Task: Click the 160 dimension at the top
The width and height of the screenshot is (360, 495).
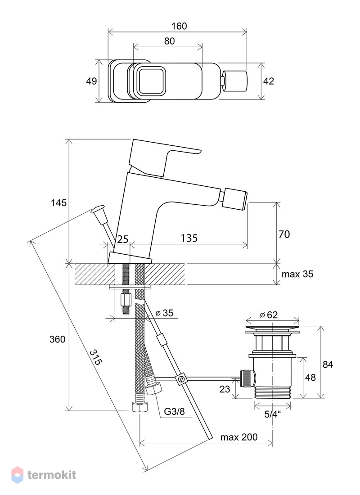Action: point(179,26)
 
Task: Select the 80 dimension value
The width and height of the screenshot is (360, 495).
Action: point(169,41)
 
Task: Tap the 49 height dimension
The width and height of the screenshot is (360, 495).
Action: point(92,81)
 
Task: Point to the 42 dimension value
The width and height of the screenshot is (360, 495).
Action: point(269,81)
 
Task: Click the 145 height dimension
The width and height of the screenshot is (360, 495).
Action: point(58,203)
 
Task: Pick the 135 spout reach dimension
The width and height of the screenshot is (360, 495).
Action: point(189,238)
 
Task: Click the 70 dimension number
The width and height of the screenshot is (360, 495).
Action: point(284,234)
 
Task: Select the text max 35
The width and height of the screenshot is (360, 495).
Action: point(297,274)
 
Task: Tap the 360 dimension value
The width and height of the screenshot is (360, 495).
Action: point(58,339)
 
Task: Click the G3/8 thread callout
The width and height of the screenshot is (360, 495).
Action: point(173,411)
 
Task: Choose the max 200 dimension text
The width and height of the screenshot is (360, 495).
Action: point(239,437)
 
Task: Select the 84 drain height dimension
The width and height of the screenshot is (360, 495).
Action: point(328,365)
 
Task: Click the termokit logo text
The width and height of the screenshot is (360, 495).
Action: point(52,475)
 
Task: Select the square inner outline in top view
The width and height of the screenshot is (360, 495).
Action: point(151,81)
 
